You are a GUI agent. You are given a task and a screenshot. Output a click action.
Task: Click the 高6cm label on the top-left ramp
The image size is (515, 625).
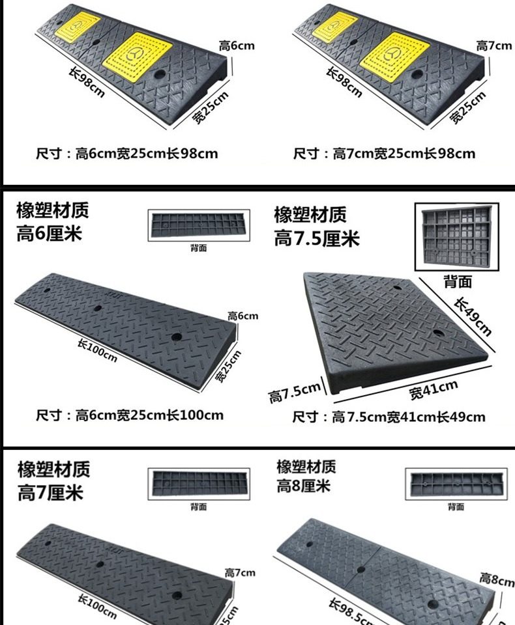(237, 46)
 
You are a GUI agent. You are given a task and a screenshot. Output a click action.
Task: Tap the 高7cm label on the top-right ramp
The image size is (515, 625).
(494, 46)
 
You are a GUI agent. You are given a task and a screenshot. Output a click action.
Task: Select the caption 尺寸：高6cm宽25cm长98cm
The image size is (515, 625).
(126, 154)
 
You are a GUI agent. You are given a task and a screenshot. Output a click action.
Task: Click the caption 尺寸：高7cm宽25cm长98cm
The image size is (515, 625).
(384, 154)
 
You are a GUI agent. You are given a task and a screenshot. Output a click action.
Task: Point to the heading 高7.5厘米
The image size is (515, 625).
(317, 239)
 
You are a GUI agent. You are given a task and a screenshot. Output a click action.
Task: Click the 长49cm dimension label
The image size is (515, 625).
(473, 316)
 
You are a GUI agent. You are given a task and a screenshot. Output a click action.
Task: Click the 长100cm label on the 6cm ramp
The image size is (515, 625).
(97, 352)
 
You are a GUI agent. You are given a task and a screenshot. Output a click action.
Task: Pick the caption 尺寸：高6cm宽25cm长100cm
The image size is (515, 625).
(130, 415)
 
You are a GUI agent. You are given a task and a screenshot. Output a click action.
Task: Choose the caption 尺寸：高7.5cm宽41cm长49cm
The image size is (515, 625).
(389, 417)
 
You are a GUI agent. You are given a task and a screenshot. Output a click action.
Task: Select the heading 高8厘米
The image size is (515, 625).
(304, 486)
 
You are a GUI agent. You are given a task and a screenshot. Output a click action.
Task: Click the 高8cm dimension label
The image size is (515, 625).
(497, 578)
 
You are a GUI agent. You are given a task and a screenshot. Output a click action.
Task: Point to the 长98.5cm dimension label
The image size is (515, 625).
(352, 612)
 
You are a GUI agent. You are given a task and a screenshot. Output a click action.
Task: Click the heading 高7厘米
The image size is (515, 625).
(50, 492)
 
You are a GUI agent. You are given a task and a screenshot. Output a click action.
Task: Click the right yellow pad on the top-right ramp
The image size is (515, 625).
(395, 53)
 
